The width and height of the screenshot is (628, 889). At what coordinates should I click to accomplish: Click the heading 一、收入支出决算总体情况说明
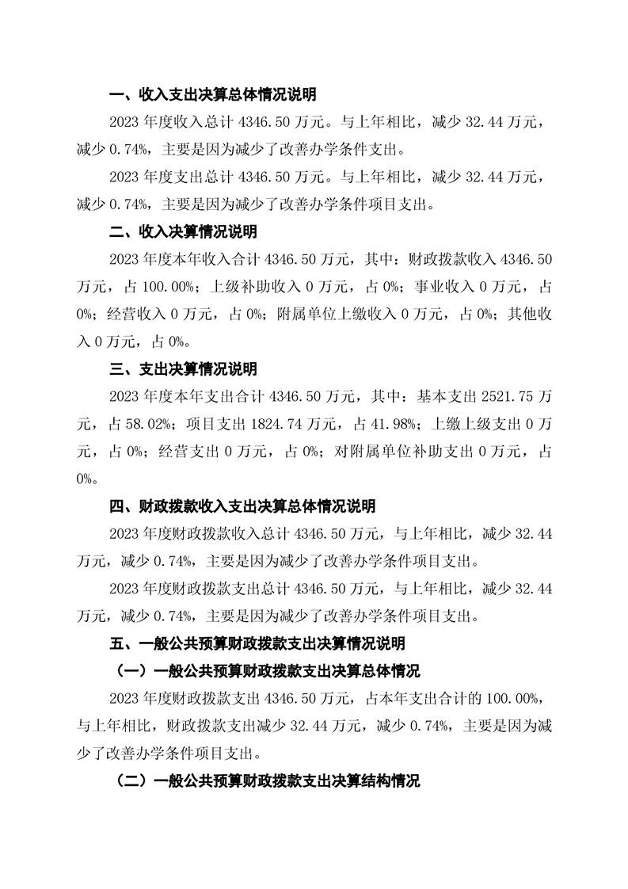212,95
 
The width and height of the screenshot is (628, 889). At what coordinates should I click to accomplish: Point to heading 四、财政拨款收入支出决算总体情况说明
242,506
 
